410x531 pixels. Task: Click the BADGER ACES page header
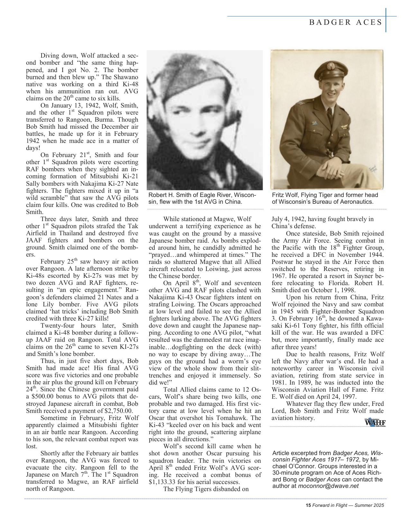pyautogui.click(x=346, y=22)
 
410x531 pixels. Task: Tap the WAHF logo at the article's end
pyautogui.click(x=375, y=422)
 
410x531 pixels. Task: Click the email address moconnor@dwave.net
pyautogui.click(x=328, y=486)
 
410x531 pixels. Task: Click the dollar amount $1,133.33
pyautogui.click(x=164, y=482)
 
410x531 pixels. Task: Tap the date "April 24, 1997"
pyautogui.click(x=334, y=397)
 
